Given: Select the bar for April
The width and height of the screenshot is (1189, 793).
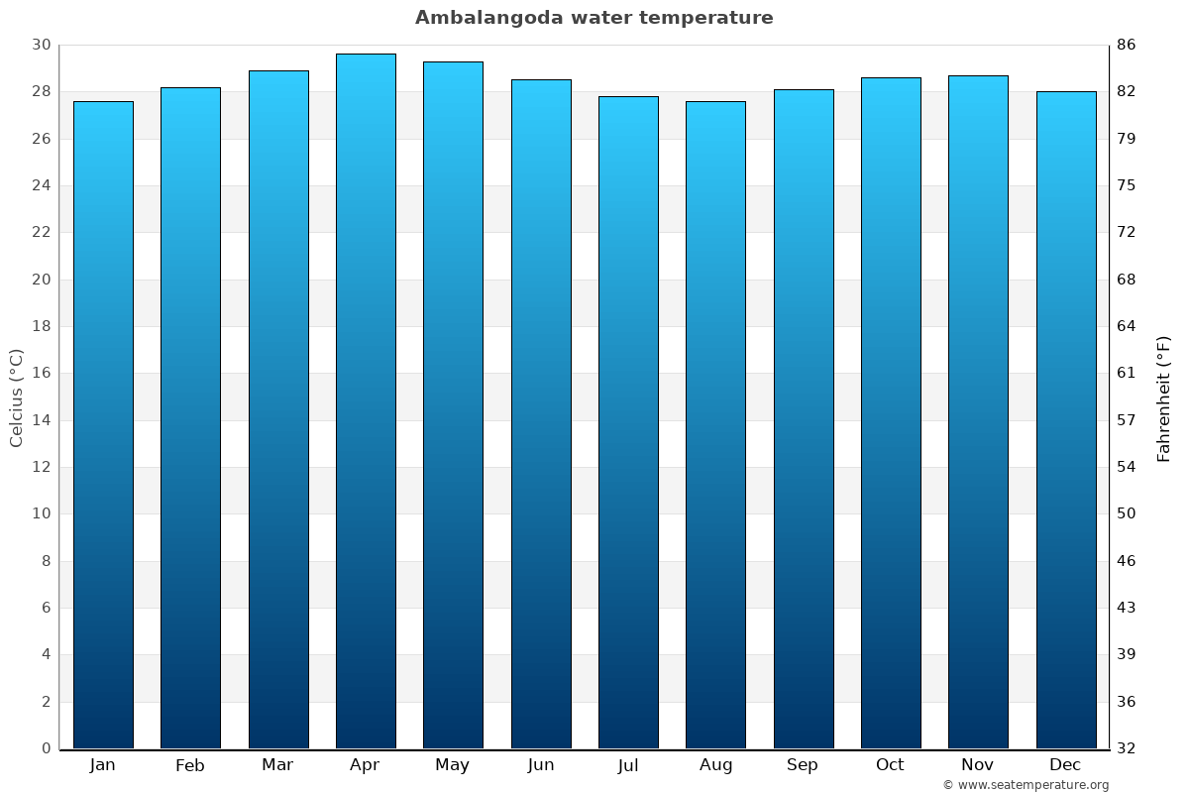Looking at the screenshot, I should point(366,401).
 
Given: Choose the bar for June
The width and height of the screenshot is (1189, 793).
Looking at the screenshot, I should point(541,413).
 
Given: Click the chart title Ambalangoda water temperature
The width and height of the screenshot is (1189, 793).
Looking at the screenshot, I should point(594,18).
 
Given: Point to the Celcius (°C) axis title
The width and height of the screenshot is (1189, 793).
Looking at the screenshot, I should point(16,397).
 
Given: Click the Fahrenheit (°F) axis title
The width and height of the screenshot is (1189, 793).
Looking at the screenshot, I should point(1164,397).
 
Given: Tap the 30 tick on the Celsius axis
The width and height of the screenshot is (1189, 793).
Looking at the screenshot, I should point(42,45).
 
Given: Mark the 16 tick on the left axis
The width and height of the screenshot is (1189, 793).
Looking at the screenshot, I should point(42,374).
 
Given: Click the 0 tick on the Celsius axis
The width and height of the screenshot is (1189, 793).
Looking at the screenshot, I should point(46,748).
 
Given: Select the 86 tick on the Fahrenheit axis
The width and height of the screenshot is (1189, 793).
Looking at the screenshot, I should point(1127,45).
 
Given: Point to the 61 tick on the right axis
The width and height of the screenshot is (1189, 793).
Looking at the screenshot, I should point(1127,374).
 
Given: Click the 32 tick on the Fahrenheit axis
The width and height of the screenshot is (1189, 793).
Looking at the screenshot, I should point(1127,748).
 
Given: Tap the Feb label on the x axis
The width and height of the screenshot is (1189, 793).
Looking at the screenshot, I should point(189,765).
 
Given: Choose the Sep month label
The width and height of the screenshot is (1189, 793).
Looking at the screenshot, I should point(803,765).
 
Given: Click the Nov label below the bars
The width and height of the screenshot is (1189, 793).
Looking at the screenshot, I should point(978,765).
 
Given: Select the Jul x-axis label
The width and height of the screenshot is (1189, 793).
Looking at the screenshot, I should point(628,765).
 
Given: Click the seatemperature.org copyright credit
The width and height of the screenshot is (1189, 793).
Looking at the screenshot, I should point(1026,785).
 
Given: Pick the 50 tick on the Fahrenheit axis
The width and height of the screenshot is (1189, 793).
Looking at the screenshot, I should point(1127,513).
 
